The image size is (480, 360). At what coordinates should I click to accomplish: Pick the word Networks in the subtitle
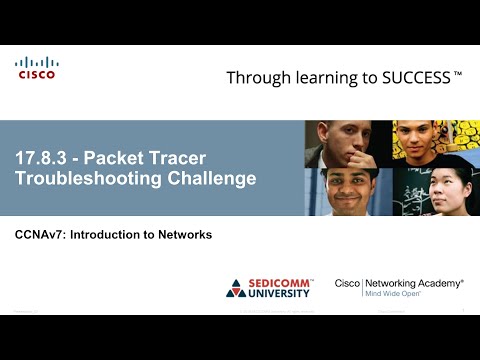pos(186,235)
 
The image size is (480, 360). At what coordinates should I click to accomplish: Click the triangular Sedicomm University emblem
pos(236,289)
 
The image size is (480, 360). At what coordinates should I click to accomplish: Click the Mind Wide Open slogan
pos(397,295)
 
